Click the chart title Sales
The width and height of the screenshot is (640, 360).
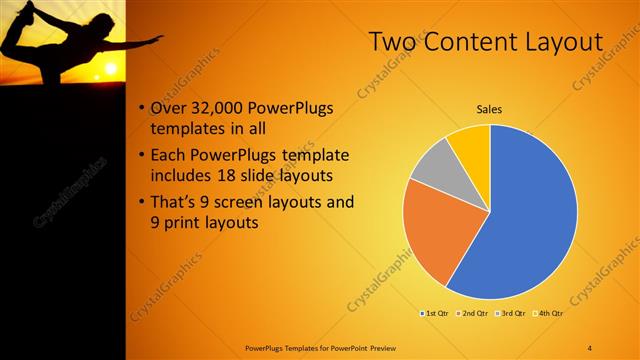pyautogui.click(x=489, y=108)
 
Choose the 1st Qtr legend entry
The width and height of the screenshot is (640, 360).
pyautogui.click(x=434, y=314)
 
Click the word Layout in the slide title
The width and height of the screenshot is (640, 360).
pyautogui.click(x=560, y=42)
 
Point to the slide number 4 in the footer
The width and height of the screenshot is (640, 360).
pyautogui.click(x=590, y=347)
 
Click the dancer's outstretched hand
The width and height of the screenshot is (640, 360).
pyautogui.click(x=157, y=40)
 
